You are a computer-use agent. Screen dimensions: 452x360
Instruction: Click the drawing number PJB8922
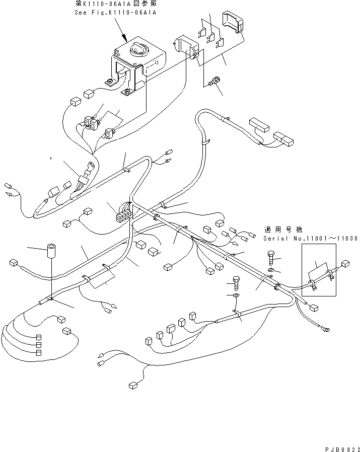[341, 447]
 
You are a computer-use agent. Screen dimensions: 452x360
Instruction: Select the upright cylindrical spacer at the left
[51, 251]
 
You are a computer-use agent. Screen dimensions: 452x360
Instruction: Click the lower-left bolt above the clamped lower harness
[236, 283]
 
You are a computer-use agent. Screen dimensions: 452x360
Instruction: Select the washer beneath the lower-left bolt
[236, 296]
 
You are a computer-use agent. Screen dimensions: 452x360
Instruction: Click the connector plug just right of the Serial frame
[345, 264]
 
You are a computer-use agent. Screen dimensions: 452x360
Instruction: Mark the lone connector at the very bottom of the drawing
[133, 386]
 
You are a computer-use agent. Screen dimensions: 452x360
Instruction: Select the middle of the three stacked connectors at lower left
[39, 345]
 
